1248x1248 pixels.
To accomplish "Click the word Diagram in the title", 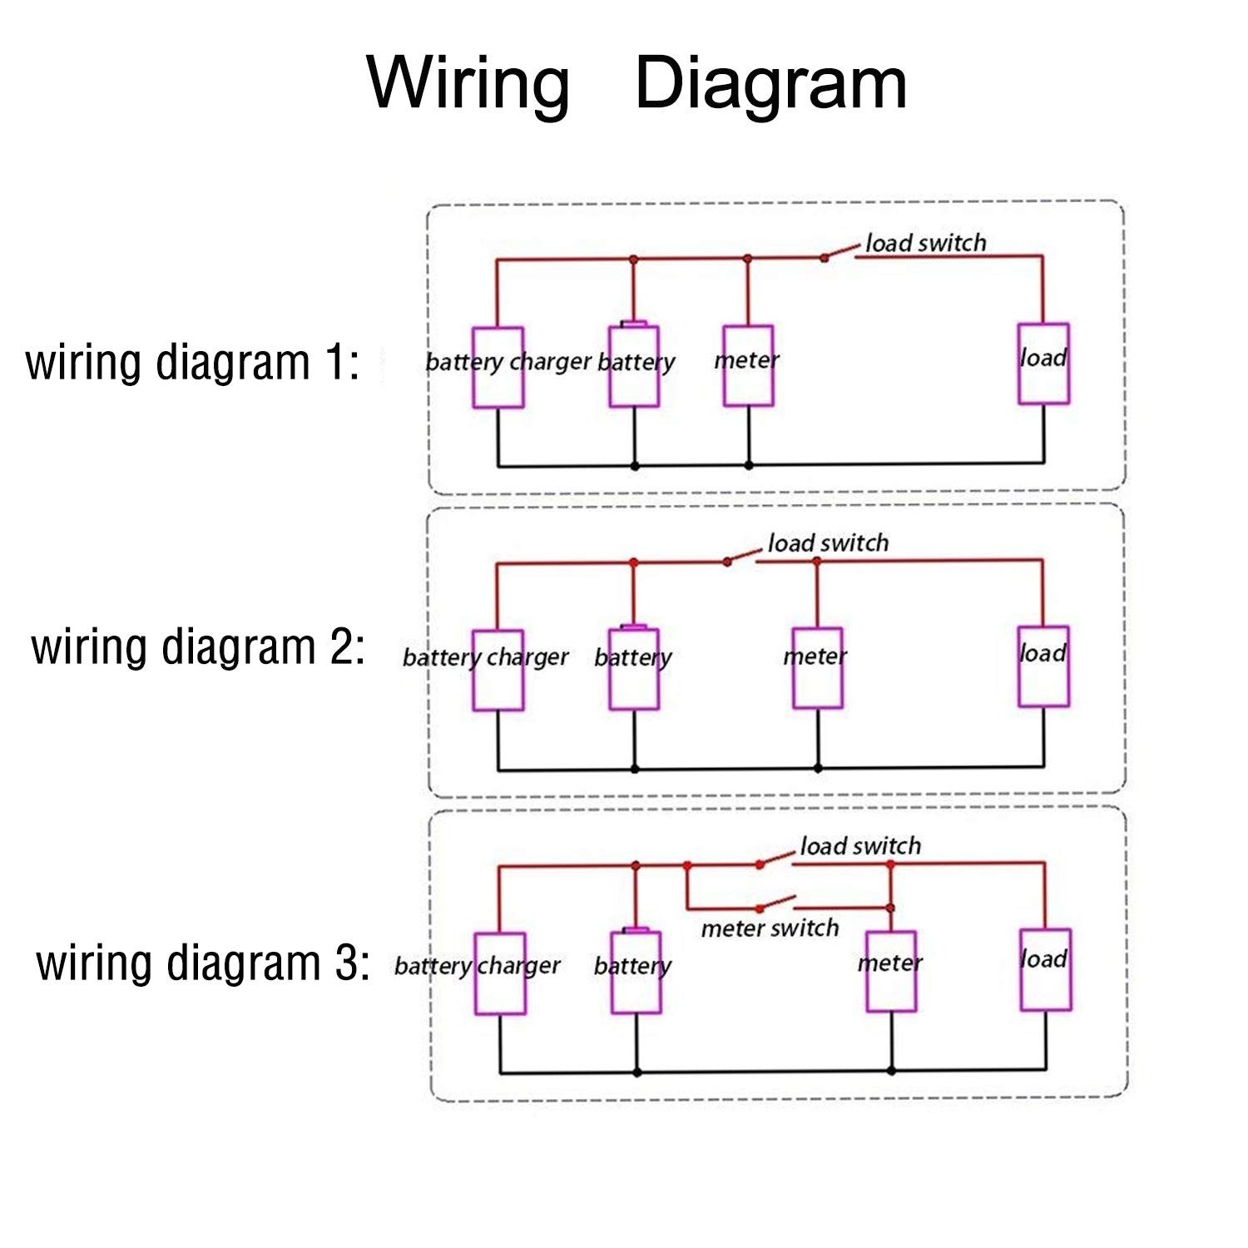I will pyautogui.click(x=770, y=83).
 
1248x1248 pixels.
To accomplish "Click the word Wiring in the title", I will pyautogui.click(x=468, y=83).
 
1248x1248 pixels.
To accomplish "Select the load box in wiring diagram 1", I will pyautogui.click(x=1043, y=364).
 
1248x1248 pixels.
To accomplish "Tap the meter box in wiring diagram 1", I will pyautogui.click(x=748, y=365).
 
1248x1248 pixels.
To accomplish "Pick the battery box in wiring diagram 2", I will pyautogui.click(x=634, y=669).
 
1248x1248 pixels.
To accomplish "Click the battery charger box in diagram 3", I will pyautogui.click(x=500, y=973).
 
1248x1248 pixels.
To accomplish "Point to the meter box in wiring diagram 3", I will pyautogui.click(x=891, y=971).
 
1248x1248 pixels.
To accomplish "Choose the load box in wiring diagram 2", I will pyautogui.click(x=1043, y=666).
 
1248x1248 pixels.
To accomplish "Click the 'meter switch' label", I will pyautogui.click(x=770, y=929).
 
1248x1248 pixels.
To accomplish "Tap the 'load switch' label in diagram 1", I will pyautogui.click(x=925, y=243).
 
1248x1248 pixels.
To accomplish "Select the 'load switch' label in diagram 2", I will pyautogui.click(x=828, y=543).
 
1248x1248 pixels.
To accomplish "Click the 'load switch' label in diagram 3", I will pyautogui.click(x=860, y=846).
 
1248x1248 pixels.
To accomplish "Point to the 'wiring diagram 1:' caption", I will pyautogui.click(x=193, y=363).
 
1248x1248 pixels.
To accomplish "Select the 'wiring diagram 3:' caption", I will pyautogui.click(x=202, y=963).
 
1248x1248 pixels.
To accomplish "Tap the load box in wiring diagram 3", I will pyautogui.click(x=1046, y=969).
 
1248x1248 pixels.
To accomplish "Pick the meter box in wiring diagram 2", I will pyautogui.click(x=817, y=667).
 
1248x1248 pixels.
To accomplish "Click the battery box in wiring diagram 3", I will pyautogui.click(x=636, y=972).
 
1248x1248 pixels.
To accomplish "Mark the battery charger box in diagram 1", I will pyautogui.click(x=498, y=367).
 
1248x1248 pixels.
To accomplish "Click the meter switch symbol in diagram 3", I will pyautogui.click(x=776, y=904).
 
